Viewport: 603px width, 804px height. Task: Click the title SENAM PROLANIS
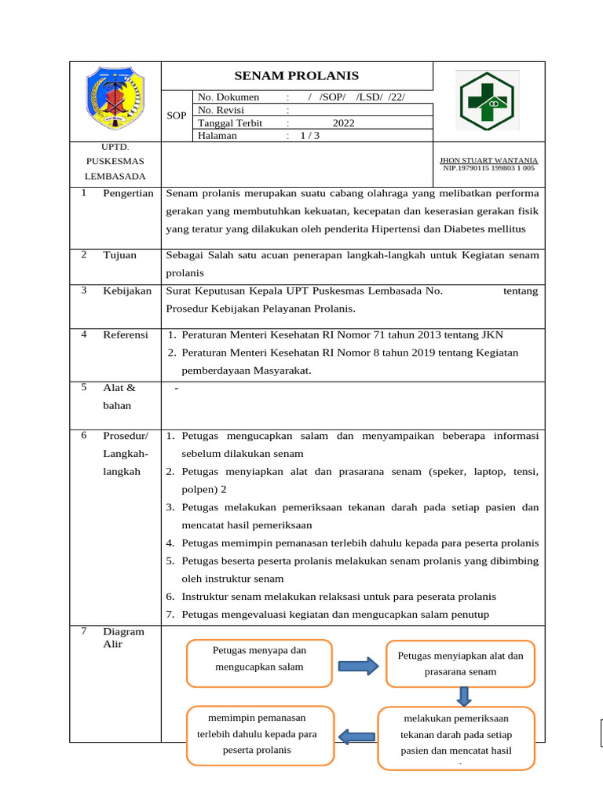click(x=297, y=76)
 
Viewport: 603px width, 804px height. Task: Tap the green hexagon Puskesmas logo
click(x=488, y=102)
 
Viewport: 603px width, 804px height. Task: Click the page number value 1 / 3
click(x=310, y=135)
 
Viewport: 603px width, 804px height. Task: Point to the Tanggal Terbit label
click(x=230, y=123)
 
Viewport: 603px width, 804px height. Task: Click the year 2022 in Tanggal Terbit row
click(x=344, y=123)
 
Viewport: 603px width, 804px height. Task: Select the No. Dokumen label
click(x=228, y=97)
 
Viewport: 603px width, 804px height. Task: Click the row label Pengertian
click(x=128, y=194)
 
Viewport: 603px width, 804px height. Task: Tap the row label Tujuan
click(x=119, y=255)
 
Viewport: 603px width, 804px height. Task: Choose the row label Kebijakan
click(x=126, y=291)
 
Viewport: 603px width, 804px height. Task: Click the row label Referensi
click(x=126, y=335)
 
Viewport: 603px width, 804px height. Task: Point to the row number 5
click(x=84, y=387)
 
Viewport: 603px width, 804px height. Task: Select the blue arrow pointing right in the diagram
click(x=358, y=666)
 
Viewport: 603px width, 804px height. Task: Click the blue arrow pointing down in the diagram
click(x=463, y=696)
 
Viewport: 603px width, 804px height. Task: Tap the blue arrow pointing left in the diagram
click(x=356, y=736)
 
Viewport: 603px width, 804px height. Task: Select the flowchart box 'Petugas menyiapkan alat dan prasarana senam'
click(x=460, y=663)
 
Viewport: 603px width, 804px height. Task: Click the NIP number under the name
click(x=488, y=168)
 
